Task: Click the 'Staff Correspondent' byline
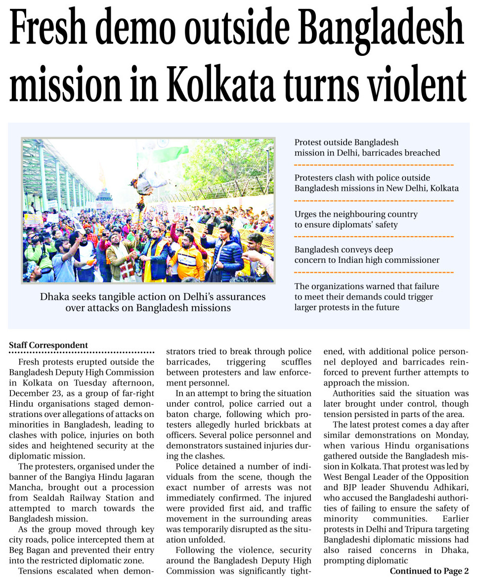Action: tap(48, 345)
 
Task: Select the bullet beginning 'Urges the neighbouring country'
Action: tap(356, 219)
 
